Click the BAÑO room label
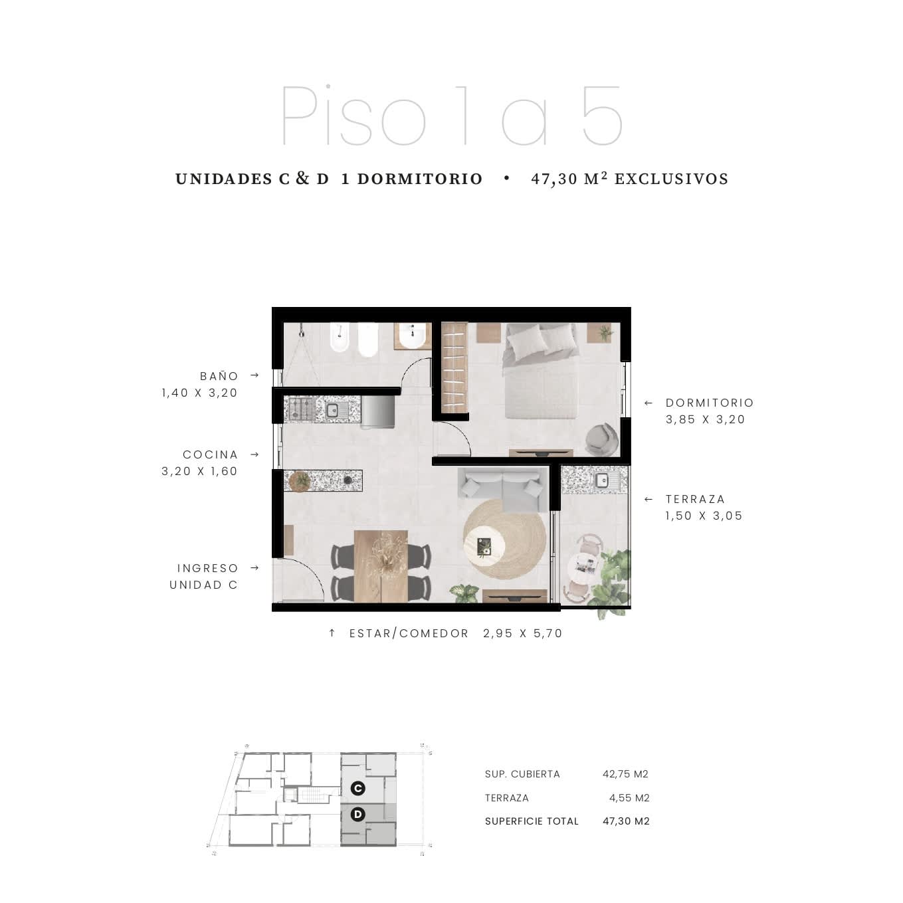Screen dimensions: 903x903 pyautogui.click(x=219, y=376)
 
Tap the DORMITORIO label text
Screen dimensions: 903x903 pyautogui.click(x=709, y=403)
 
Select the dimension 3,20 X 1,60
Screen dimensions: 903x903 pyautogui.click(x=199, y=471)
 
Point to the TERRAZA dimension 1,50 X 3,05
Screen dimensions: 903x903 pyautogui.click(x=704, y=516)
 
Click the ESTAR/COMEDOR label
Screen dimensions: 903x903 pyautogui.click(x=409, y=633)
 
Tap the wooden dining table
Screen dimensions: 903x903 pyautogui.click(x=381, y=566)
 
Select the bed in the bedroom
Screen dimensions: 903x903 pyautogui.click(x=540, y=370)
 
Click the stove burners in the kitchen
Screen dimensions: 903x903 pyautogui.click(x=300, y=409)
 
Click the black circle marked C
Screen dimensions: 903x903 pyautogui.click(x=358, y=788)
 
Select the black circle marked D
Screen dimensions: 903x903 pyautogui.click(x=358, y=815)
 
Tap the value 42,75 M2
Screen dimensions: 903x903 pyautogui.click(x=625, y=773)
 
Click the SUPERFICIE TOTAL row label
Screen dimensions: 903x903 pyautogui.click(x=532, y=821)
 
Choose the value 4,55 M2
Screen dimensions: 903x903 pyautogui.click(x=629, y=797)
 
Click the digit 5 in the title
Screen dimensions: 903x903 pyautogui.click(x=603, y=116)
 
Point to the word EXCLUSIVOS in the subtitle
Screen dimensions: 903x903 pyautogui.click(x=671, y=179)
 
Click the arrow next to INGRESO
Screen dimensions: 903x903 pyautogui.click(x=254, y=568)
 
